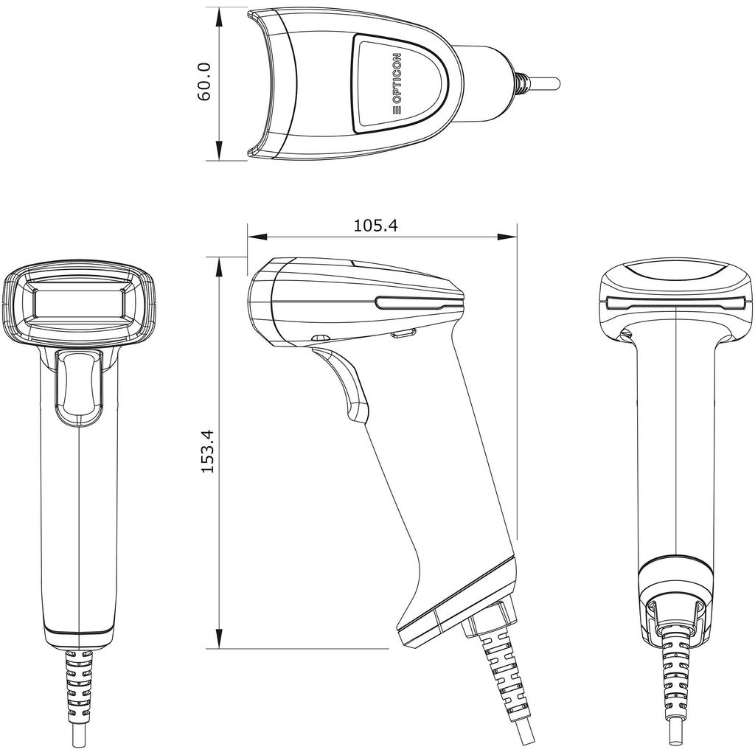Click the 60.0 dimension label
205,82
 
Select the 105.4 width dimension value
375,226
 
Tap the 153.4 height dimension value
208,451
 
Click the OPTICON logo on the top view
397,83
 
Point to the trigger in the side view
347,383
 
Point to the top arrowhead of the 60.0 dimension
220,16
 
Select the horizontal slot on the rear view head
676,302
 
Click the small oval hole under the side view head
321,338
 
